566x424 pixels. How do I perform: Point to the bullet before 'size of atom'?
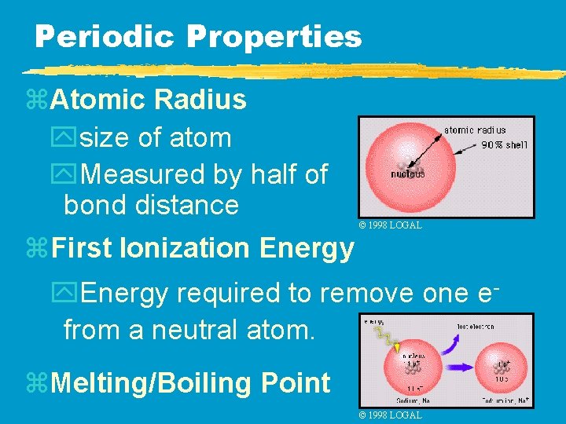[70, 138]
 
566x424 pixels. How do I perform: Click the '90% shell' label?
[504, 144]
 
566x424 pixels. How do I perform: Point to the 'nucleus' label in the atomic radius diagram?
[408, 174]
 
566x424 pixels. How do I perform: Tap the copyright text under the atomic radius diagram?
[390, 225]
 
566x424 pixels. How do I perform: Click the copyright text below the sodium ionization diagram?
[390, 415]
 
